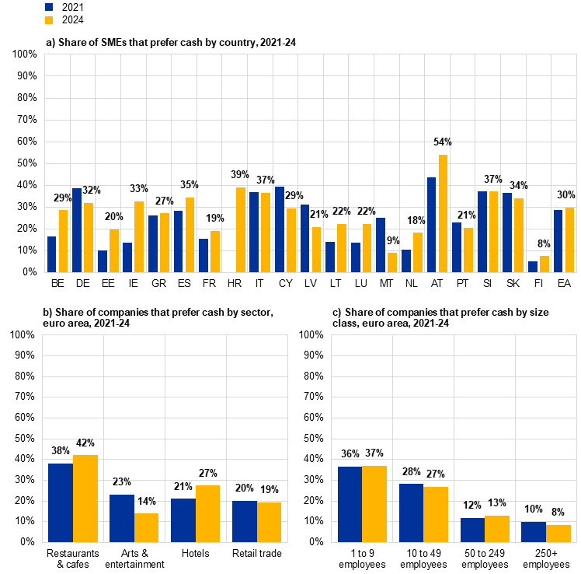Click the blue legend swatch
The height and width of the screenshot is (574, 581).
[x=49, y=7]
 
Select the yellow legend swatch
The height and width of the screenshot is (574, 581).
[x=49, y=20]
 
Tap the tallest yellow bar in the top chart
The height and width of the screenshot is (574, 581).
[x=444, y=214]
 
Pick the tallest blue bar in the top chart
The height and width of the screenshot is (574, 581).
[x=431, y=225]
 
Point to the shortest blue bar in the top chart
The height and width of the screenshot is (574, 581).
[x=533, y=267]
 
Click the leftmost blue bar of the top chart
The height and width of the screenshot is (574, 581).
[x=52, y=254]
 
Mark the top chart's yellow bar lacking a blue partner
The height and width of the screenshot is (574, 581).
[x=241, y=230]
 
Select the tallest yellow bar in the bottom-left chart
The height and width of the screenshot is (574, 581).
[x=85, y=499]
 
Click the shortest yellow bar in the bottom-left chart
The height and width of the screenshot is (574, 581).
[x=146, y=527]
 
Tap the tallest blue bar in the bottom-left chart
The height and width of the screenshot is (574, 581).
[x=61, y=502]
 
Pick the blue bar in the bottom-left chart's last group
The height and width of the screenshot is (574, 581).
[x=245, y=521]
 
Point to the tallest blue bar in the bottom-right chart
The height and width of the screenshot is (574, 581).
[x=350, y=504]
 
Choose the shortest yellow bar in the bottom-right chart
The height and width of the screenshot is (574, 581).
[x=558, y=534]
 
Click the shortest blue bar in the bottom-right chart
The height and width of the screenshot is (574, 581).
[x=534, y=532]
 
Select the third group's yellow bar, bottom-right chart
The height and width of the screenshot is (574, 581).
[x=497, y=529]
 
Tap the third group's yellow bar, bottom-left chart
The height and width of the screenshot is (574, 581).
[x=208, y=513]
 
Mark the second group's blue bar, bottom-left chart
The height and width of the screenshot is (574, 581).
[x=122, y=518]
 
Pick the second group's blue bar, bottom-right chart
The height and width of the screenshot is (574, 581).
[x=411, y=513]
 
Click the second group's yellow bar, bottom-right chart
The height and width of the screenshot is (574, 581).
[x=436, y=514]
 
